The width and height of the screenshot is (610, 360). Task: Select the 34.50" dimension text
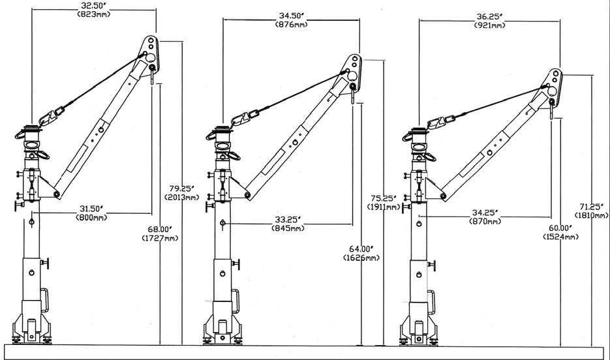click(292, 14)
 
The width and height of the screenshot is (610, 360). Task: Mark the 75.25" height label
click(383, 199)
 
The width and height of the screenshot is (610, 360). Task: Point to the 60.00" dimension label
click(561, 228)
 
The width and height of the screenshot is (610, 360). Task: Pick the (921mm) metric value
click(490, 25)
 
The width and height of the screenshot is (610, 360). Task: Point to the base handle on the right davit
click(431, 303)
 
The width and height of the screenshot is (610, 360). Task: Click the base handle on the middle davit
click(236, 301)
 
